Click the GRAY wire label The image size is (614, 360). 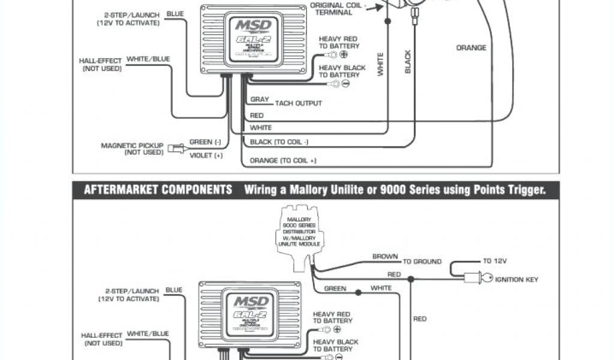(x=259, y=100)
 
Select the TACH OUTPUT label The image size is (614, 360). (x=299, y=103)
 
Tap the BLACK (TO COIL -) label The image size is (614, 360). (x=279, y=142)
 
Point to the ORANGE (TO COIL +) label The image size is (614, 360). (x=283, y=161)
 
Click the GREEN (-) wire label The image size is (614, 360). (x=205, y=142)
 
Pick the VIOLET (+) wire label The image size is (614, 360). (x=206, y=155)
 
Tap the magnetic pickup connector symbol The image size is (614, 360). (x=175, y=148)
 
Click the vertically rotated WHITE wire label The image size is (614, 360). (x=380, y=64)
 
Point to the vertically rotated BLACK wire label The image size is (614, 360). (x=408, y=62)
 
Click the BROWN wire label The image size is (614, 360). (x=385, y=257)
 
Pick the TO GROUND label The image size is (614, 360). (x=422, y=262)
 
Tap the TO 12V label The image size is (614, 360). (x=495, y=261)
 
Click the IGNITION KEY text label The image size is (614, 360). (x=516, y=279)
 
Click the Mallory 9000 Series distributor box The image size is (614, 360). (x=299, y=231)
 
